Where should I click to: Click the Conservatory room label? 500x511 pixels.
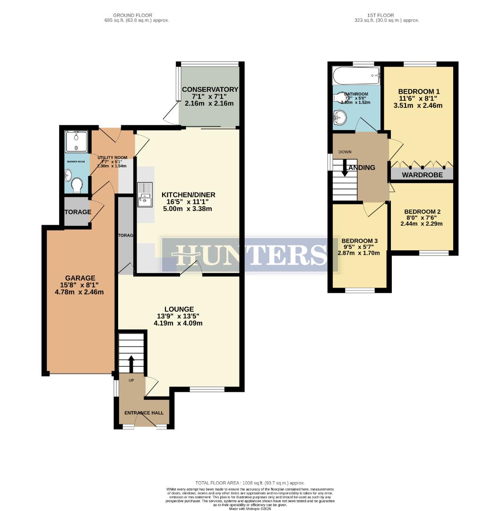(x=210, y=89)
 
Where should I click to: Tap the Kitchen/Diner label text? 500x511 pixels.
(x=189, y=195)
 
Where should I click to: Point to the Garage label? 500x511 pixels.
(x=80, y=278)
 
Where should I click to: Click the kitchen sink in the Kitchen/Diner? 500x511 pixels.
(x=145, y=194)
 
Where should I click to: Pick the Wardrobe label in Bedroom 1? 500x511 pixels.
(x=422, y=175)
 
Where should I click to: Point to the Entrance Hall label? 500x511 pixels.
(x=144, y=413)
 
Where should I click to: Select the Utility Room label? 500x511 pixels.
(x=112, y=158)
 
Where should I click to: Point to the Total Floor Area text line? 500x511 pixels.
(x=250, y=483)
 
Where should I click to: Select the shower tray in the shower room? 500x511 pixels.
(x=76, y=141)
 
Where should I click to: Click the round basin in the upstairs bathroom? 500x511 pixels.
(x=339, y=116)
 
